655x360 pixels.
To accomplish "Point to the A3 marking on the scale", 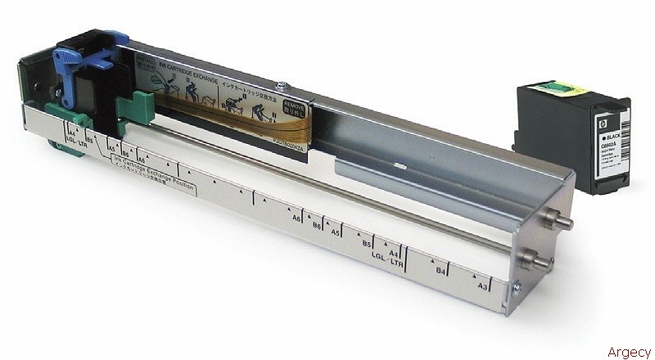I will (484, 286).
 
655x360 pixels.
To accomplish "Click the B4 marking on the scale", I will (440, 269).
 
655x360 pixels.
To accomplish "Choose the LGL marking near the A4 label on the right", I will (378, 255).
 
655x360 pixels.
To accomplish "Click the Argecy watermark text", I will (628, 352).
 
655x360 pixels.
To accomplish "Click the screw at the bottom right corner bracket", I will (515, 287).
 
